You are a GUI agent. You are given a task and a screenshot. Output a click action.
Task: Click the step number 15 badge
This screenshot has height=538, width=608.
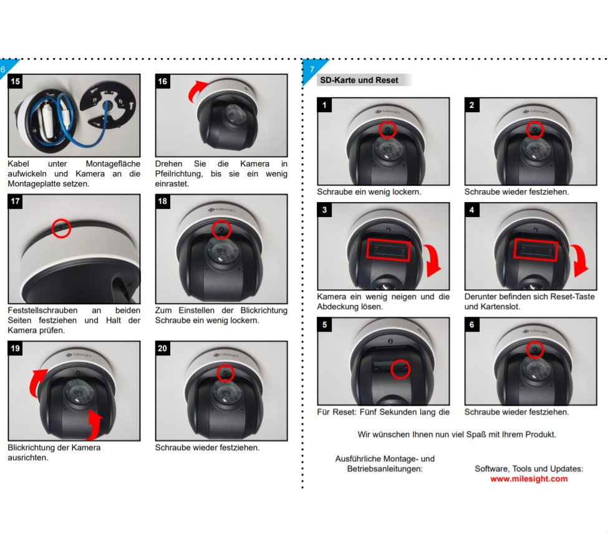click(15, 82)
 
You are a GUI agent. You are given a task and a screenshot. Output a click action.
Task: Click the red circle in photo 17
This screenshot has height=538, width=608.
click(61, 228)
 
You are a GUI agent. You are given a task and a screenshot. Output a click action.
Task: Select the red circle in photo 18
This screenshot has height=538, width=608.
click(221, 229)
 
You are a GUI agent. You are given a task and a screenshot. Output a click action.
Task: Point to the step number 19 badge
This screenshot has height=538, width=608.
click(15, 348)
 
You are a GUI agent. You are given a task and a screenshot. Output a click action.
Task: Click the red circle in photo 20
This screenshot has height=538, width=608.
click(225, 373)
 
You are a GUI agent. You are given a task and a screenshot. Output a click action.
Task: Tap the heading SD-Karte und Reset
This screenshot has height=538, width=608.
click(359, 80)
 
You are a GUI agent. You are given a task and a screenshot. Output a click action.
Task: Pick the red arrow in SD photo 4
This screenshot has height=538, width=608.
click(580, 260)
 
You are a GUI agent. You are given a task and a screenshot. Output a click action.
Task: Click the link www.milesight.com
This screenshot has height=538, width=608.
click(529, 479)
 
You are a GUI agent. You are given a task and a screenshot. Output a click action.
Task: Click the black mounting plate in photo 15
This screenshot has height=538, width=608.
click(108, 105)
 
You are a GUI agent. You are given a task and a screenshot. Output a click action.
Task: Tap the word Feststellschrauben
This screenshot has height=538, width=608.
click(42, 310)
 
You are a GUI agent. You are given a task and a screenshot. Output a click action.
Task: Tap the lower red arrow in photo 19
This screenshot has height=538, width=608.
click(95, 424)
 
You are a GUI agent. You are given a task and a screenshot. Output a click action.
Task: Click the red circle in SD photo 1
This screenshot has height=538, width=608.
click(387, 130)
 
